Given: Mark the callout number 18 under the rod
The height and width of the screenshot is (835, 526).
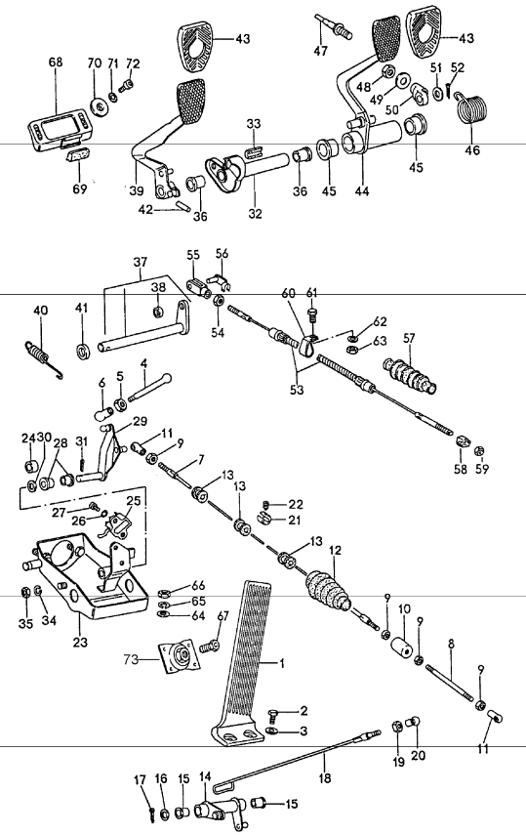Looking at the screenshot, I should pos(322,780).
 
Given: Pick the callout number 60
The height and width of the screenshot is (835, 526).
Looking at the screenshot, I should pos(288,294).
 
